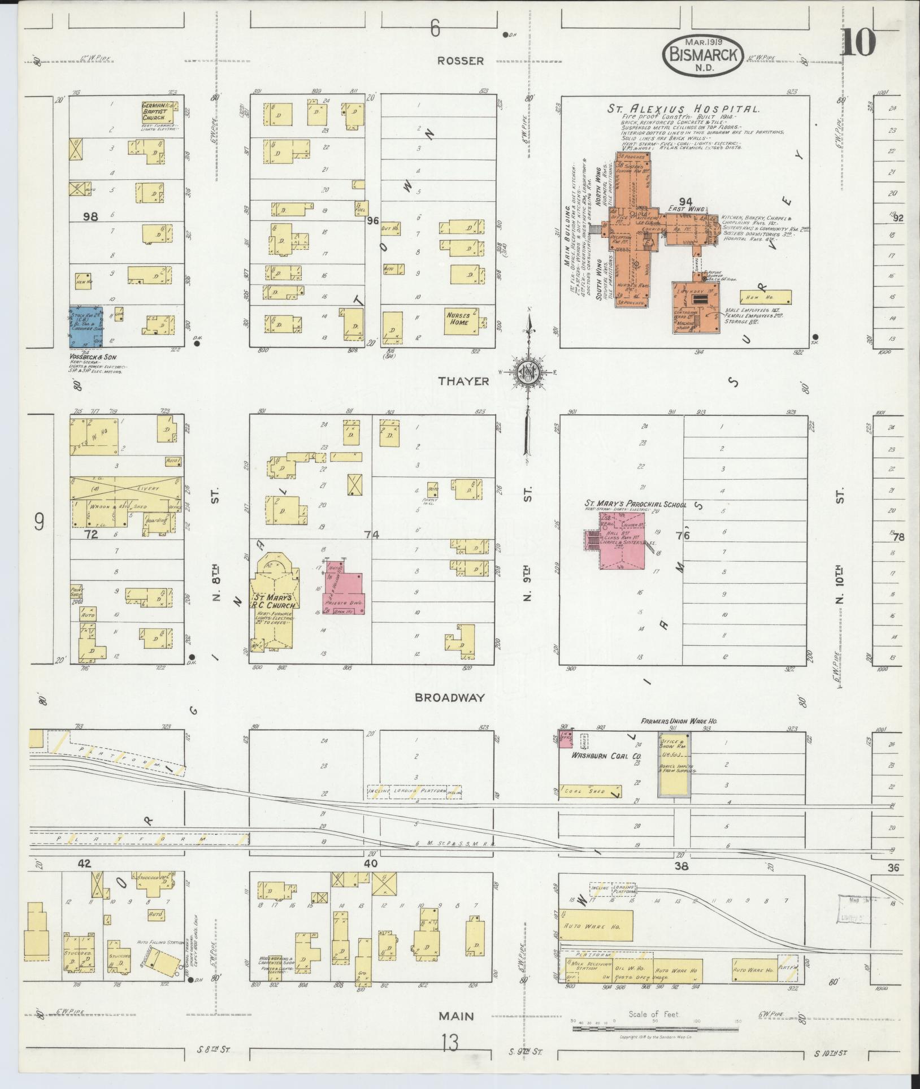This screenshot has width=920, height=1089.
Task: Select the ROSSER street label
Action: pos(461,60)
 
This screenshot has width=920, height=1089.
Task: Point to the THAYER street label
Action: pos(463,381)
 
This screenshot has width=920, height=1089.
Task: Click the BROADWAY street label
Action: pos(458,697)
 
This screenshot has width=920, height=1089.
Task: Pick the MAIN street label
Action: pos(457,1016)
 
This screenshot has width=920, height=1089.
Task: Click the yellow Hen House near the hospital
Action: pos(765,297)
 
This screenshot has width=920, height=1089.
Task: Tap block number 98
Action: pos(90,216)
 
